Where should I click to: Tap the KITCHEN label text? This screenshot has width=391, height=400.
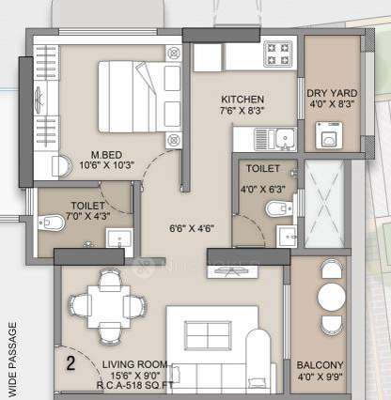(x=242, y=100)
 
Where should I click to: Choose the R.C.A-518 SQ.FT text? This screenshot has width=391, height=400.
(x=139, y=385)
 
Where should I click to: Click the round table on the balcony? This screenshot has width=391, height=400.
(x=331, y=298)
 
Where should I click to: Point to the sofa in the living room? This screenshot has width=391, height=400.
(x=217, y=339)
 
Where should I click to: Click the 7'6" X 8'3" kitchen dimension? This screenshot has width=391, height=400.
(x=242, y=111)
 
